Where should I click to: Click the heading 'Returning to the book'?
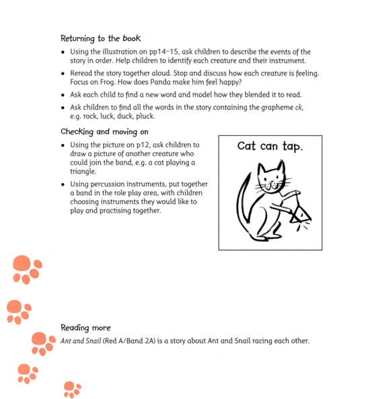pyautogui.click(x=100, y=38)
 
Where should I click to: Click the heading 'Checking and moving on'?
pyautogui.click(x=104, y=132)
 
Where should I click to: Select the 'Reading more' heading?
pyautogui.click(x=85, y=328)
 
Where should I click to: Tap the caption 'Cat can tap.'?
pyautogui.click(x=270, y=146)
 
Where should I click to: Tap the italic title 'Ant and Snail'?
pyautogui.click(x=79, y=340)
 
